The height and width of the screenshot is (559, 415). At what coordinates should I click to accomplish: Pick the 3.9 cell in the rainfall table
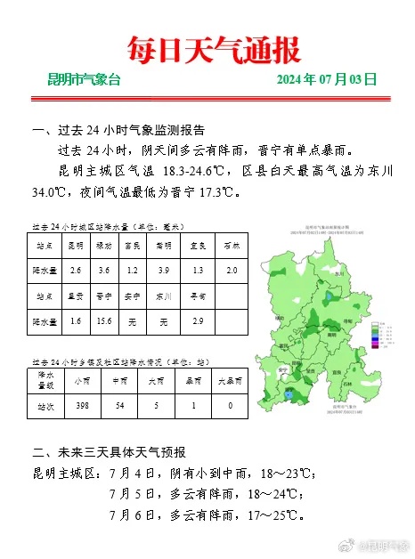[x=162, y=270]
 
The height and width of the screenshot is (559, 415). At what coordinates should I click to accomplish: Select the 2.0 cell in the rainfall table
[x=232, y=270]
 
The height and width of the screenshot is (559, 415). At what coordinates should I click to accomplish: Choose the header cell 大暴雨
[x=231, y=379]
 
